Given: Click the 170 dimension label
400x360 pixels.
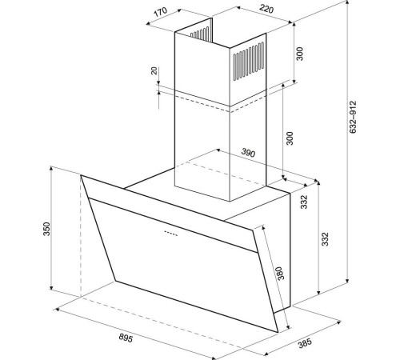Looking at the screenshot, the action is point(160,12).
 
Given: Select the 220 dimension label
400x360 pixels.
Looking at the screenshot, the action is point(266,9).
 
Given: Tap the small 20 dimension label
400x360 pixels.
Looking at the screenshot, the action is point(154,70).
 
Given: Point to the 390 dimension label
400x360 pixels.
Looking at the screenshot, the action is point(248,152).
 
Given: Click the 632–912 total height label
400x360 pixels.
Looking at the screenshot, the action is point(353,117).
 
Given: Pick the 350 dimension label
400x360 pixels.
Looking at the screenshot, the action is point(46,229).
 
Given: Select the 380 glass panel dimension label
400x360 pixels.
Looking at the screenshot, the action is point(280,273).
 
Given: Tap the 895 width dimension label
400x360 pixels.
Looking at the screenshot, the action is point(126,338).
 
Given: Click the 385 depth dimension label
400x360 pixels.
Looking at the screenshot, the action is point(305,343).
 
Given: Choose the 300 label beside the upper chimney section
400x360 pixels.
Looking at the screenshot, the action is point(300,54).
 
